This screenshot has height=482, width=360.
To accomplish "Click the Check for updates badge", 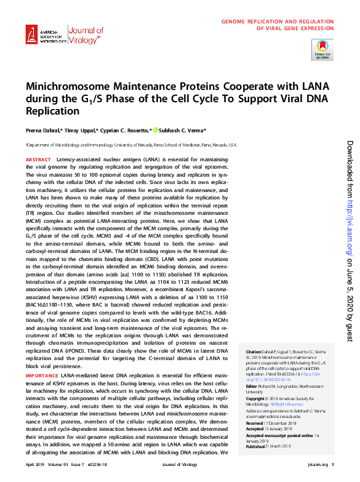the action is coord(322,49).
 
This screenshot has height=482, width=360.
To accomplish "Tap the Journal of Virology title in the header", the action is coord(86,34).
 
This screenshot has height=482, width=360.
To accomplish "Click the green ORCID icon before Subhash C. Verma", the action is coord(156,130).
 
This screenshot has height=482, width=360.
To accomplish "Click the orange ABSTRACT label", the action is coord(38,159).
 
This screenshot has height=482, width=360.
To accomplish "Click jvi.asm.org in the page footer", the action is coord(316,464).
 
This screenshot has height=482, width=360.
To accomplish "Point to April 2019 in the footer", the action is coord(36,464).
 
